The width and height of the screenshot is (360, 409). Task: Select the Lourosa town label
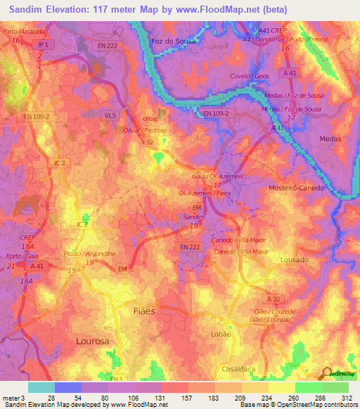93,341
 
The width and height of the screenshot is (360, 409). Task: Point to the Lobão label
221,335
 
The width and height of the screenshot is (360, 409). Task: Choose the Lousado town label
294,259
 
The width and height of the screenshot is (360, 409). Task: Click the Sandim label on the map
193,218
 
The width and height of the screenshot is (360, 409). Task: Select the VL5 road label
110,115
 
